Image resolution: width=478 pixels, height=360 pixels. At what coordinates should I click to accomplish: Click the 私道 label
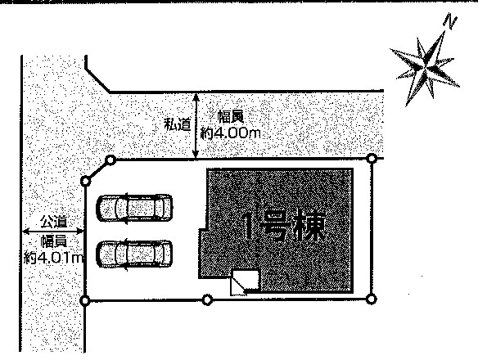click(x=178, y=124)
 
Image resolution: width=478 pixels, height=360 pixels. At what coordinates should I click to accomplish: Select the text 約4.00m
click(x=231, y=133)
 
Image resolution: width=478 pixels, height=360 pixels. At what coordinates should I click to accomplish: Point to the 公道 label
click(x=54, y=222)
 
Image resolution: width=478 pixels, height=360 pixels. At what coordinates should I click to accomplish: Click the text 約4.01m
click(x=54, y=258)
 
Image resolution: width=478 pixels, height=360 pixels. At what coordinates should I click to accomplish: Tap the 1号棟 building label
click(x=283, y=227)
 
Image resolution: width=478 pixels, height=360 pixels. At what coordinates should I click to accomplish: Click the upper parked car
click(x=134, y=208)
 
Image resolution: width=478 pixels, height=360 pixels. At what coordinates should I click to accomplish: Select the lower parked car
click(x=134, y=254)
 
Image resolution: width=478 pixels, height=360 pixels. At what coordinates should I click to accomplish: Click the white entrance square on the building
click(x=245, y=282)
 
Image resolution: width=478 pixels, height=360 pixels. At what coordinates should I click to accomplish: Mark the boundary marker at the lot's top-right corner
click(x=372, y=159)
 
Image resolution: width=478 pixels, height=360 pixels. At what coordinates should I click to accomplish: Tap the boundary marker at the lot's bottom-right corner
click(x=371, y=299)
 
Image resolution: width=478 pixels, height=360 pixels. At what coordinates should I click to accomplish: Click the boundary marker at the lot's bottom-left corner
click(x=85, y=301)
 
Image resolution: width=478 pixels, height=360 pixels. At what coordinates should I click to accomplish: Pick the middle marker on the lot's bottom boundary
click(x=207, y=300)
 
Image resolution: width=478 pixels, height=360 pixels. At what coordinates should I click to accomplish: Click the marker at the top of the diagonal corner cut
click(x=110, y=160)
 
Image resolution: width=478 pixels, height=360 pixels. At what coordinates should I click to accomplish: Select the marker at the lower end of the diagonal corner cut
click(x=86, y=182)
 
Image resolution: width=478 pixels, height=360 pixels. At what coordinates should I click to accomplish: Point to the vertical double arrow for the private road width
click(x=196, y=126)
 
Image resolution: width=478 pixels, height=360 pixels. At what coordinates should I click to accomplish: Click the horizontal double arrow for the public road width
click(x=53, y=232)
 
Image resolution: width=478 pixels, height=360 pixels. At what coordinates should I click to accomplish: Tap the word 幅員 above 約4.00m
click(x=231, y=118)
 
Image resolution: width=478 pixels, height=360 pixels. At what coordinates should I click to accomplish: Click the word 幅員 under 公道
click(x=54, y=241)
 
